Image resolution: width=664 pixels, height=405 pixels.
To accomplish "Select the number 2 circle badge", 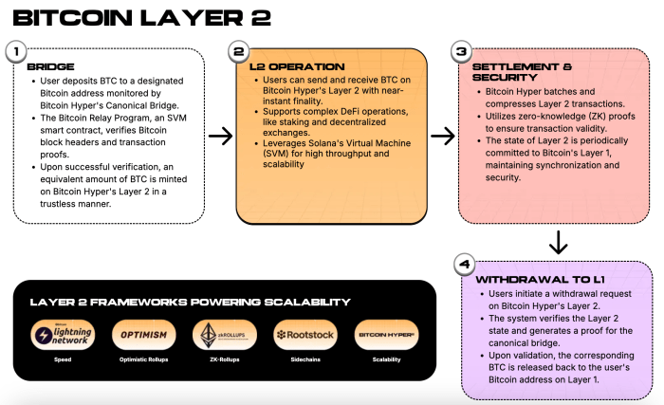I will pos(240,51).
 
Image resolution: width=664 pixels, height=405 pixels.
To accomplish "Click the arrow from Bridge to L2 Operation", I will pos(220,137).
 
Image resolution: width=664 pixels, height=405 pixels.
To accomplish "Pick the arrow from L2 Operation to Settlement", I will pos(443,137).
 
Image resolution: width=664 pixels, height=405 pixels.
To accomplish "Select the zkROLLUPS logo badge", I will pos(221,335).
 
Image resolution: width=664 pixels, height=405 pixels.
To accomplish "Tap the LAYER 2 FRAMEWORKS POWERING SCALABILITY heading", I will pos(190,303).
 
